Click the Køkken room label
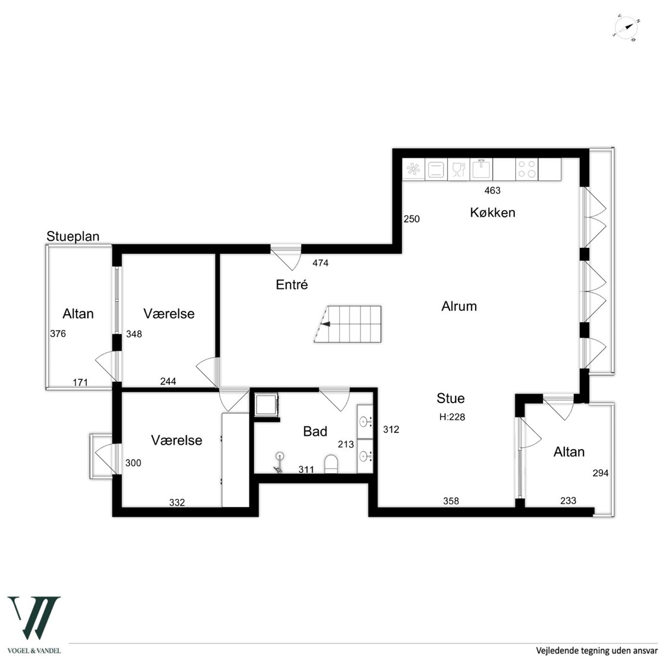pyautogui.click(x=492, y=212)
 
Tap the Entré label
pyautogui.click(x=292, y=285)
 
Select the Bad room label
pyautogui.click(x=315, y=432)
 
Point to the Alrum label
pyautogui.click(x=459, y=306)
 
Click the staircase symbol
pyautogui.click(x=348, y=323)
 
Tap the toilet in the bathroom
pyautogui.click(x=331, y=464)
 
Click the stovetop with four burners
pyautogui.click(x=527, y=169)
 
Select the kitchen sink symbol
pyautogui.click(x=482, y=169)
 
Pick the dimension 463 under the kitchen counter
pyautogui.click(x=492, y=191)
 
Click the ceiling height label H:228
pyautogui.click(x=452, y=417)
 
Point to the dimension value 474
pyautogui.click(x=320, y=263)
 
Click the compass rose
pyautogui.click(x=627, y=29)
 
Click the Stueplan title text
pyautogui.click(x=73, y=237)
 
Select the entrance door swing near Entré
pyautogui.click(x=286, y=257)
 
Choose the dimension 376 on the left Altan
pyautogui.click(x=58, y=334)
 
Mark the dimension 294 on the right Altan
pyautogui.click(x=600, y=473)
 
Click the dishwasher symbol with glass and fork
pyautogui.click(x=459, y=169)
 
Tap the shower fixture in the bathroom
pyautogui.click(x=279, y=463)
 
